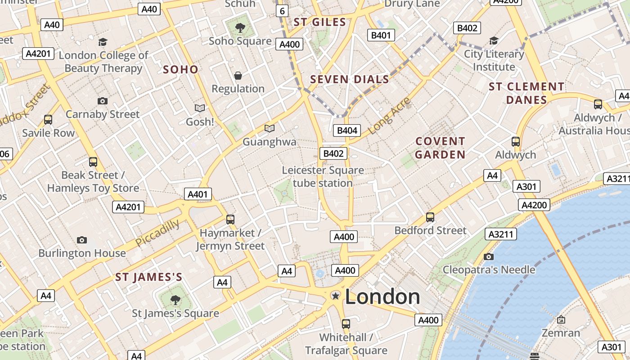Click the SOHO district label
[x=180, y=69]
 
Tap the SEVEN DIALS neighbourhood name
[x=350, y=80]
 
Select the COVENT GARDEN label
[x=440, y=148]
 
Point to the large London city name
[x=382, y=297]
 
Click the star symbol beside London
[x=335, y=296]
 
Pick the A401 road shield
[x=198, y=194]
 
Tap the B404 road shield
[x=347, y=130]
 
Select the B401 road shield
[x=381, y=35]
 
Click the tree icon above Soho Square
[x=240, y=28]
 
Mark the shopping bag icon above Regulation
[x=238, y=76]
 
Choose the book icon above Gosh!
[x=200, y=108]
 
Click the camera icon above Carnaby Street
[x=103, y=101]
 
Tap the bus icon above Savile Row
[x=48, y=120]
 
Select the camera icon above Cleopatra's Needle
[x=489, y=256]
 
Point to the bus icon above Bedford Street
[x=430, y=217]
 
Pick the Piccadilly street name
[x=157, y=233]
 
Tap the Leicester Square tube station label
[x=323, y=177]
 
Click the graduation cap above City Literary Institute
[x=494, y=41]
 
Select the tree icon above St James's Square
[x=175, y=300]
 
